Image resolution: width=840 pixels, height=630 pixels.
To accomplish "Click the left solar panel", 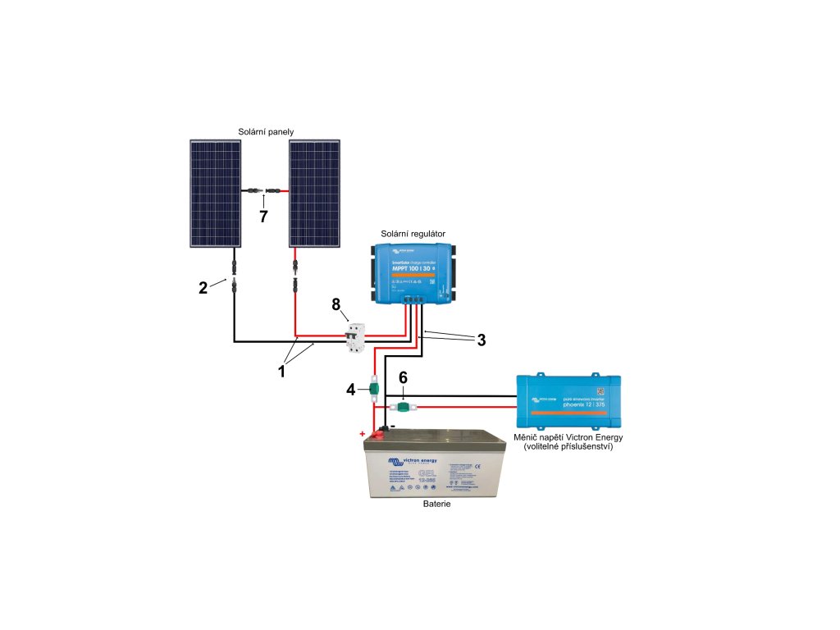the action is click(x=215, y=193).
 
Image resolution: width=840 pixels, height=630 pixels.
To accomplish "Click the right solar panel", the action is click(x=314, y=193).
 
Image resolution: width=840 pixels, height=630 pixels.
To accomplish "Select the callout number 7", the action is click(x=263, y=217).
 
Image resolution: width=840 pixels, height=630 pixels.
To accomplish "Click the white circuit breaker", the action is click(x=355, y=338).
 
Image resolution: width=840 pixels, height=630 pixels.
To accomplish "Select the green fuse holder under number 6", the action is click(x=404, y=407).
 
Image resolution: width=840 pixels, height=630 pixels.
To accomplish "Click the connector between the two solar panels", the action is click(x=263, y=192).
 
